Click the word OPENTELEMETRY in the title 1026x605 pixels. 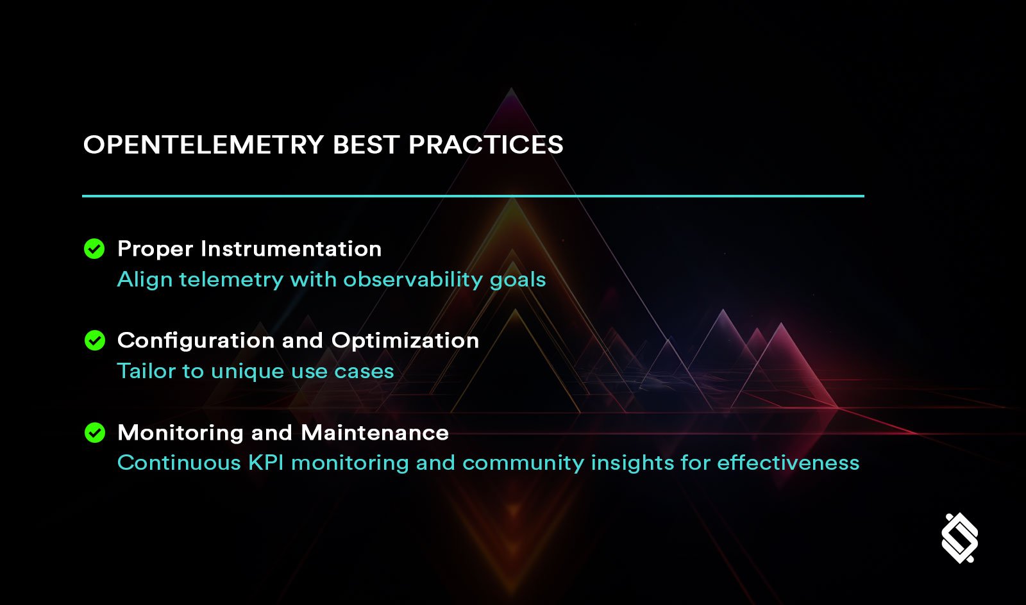tap(203, 145)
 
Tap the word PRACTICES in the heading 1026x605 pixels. tap(485, 145)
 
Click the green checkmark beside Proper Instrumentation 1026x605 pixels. tap(94, 249)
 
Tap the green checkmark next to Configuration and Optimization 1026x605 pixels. tap(94, 340)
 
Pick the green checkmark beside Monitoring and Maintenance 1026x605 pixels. tap(94, 433)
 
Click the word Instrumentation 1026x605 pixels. tap(291, 249)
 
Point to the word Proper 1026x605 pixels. tap(155, 249)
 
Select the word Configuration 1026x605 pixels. tap(196, 341)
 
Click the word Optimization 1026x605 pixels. tap(405, 340)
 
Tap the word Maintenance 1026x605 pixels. tap(374, 433)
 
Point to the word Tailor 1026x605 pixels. tap(146, 371)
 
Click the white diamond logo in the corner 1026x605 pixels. tap(959, 538)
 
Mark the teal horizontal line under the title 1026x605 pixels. tap(473, 196)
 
